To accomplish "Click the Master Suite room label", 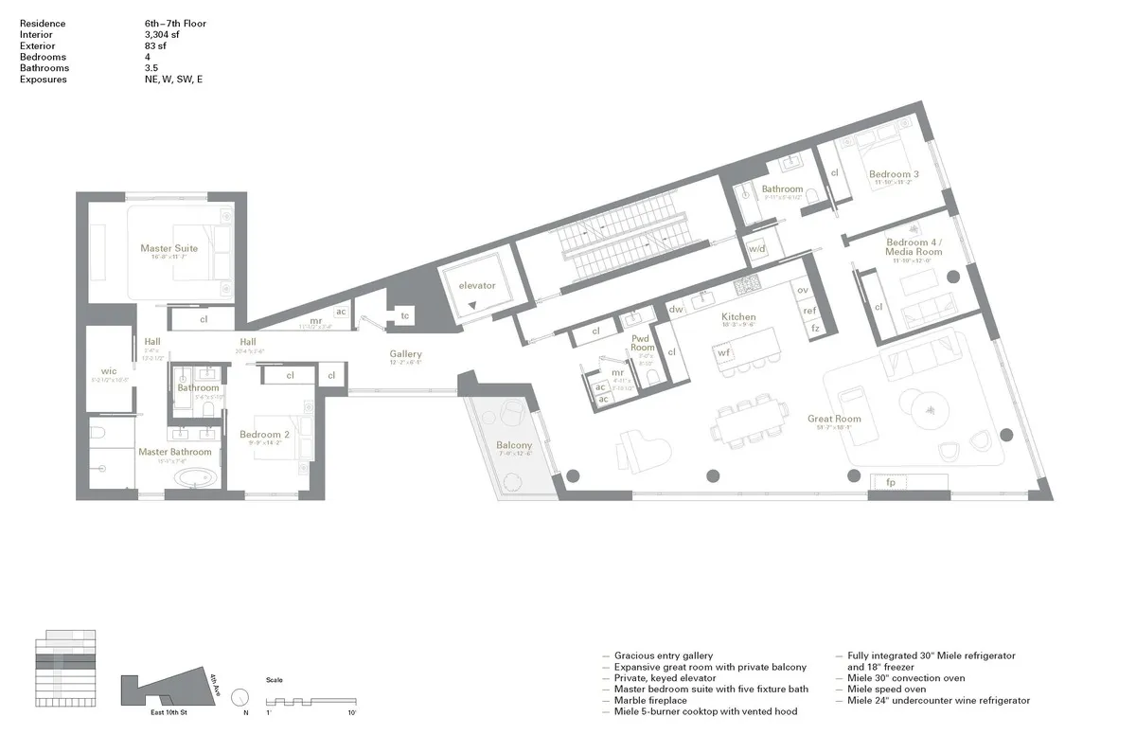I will (x=169, y=248).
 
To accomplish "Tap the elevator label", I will (x=477, y=285).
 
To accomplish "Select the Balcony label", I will (x=514, y=445).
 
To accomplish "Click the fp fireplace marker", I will (x=890, y=482).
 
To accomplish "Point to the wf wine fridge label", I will (x=724, y=352).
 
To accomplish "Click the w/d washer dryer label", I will (x=756, y=249).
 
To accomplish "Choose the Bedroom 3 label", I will (x=894, y=174).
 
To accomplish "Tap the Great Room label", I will (x=834, y=419).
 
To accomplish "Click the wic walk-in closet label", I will (x=108, y=371).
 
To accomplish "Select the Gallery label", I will (x=405, y=353).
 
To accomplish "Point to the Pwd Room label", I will (x=643, y=341).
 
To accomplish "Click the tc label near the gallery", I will (x=404, y=315).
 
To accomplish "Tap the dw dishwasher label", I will (x=676, y=309).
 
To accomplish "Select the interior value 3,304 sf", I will (x=156, y=33).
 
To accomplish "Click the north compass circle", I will (x=240, y=694).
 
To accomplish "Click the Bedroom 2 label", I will (x=264, y=435).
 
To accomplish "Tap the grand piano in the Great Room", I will (x=640, y=450).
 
